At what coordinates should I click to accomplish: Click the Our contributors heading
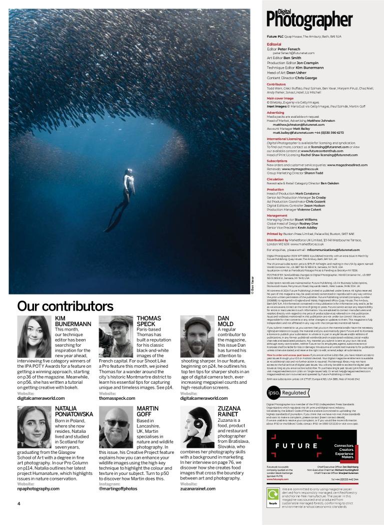tap(65, 306)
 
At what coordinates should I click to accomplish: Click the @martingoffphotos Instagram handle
tap(118, 488)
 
